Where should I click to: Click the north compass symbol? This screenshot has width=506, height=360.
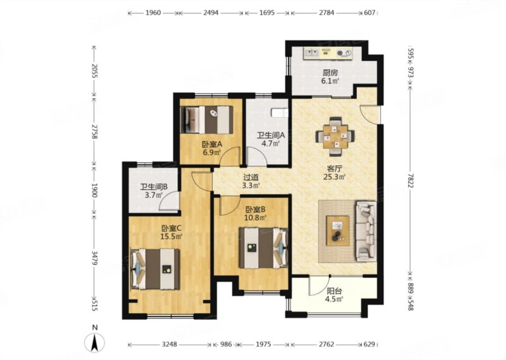coord(94,342)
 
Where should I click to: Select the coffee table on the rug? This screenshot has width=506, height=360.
coord(338,230)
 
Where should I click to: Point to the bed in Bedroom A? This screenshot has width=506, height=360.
coord(207,120)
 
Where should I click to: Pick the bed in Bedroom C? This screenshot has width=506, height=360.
coord(155,269)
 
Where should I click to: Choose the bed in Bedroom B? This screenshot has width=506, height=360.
coord(263,248)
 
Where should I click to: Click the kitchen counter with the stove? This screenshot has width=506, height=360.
coord(328,53)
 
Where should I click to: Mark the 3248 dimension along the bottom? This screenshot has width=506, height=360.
coord(170,344)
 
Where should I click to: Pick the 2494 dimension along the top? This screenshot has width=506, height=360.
coord(211,13)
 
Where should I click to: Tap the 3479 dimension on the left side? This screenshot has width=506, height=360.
coord(94,258)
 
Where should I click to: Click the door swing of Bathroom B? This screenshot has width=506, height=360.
coord(169,201)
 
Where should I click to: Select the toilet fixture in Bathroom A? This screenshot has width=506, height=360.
coord(280,113)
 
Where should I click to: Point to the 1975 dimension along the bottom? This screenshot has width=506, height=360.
coord(263,344)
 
